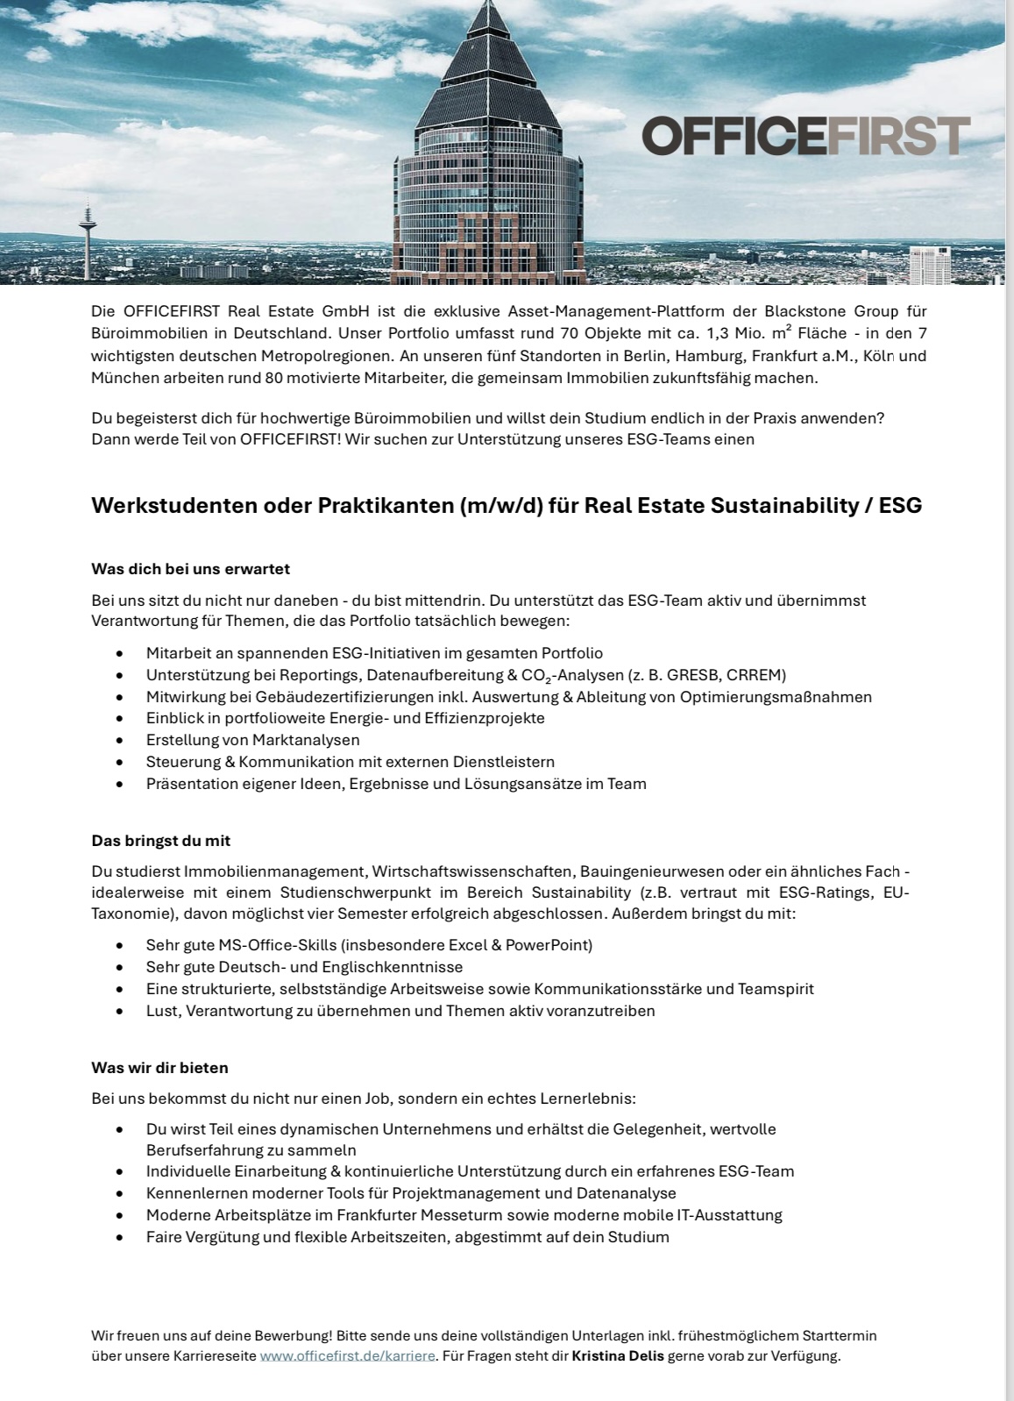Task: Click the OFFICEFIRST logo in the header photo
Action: pyautogui.click(x=805, y=136)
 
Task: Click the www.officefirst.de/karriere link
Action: pyautogui.click(x=347, y=1355)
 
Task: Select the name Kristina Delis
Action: pyautogui.click(x=618, y=1355)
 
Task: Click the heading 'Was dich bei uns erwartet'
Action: pyautogui.click(x=190, y=569)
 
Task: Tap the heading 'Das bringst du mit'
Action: pyautogui.click(x=160, y=840)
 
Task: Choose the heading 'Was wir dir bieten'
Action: pyautogui.click(x=160, y=1068)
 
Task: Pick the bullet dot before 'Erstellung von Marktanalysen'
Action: pyautogui.click(x=119, y=741)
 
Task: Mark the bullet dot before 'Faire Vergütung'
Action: pyautogui.click(x=119, y=1238)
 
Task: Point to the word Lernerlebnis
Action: pyautogui.click(x=589, y=1098)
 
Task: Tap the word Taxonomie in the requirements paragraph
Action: pyautogui.click(x=126, y=914)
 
